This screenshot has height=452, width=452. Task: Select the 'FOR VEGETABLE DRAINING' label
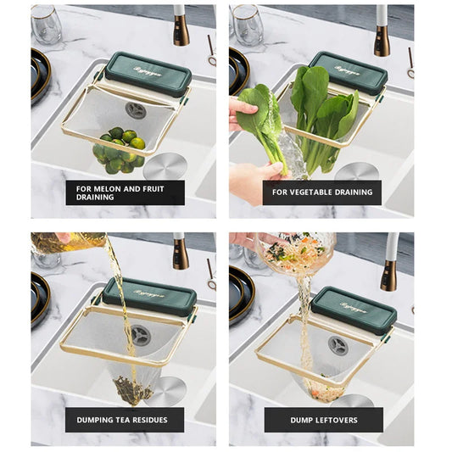coord(321,193)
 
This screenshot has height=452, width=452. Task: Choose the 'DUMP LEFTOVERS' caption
coord(322,420)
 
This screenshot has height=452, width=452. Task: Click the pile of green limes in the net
coord(120,148)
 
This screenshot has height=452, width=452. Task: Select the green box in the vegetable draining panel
coord(348,72)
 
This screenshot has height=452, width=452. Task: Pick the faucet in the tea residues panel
coord(180,252)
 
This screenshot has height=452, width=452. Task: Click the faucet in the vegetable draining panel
coord(382,32)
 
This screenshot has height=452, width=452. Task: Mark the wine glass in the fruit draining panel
coord(47,25)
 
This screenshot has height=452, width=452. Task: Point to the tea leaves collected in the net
coord(133,389)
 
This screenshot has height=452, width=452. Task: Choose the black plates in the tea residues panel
coord(41,297)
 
